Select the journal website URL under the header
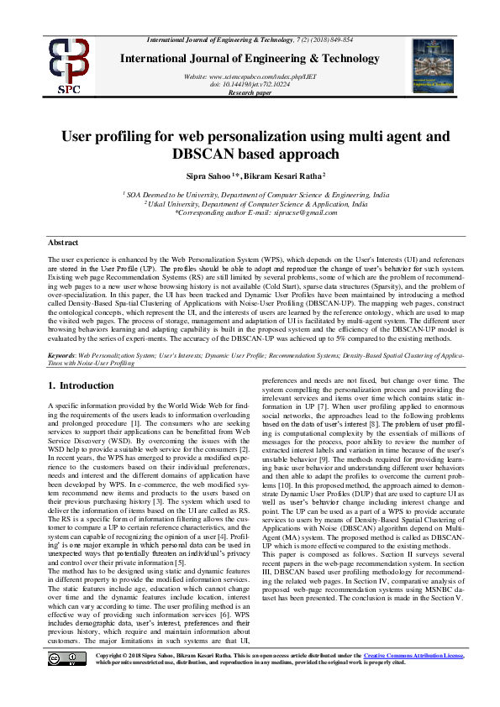[249, 76]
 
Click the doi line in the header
[250, 85]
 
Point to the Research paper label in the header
[250, 92]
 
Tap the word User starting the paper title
[79, 136]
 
